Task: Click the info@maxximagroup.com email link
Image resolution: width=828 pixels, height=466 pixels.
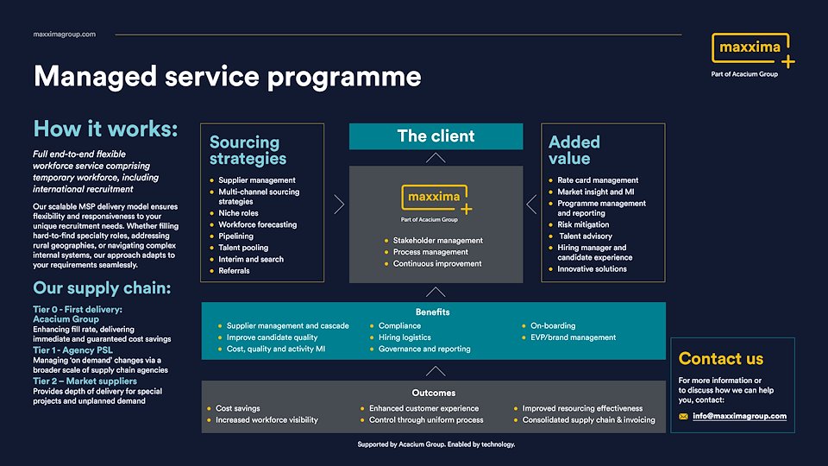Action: tap(740, 416)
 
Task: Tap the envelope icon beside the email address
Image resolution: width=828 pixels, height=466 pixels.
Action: tap(684, 417)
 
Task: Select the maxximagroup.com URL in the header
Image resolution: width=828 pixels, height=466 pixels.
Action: tap(64, 34)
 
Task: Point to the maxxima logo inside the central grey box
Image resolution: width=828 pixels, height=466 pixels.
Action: tap(436, 200)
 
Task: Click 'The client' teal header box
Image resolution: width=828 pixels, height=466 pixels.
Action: tap(436, 136)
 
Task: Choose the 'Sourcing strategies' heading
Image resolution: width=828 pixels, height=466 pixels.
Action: tap(248, 150)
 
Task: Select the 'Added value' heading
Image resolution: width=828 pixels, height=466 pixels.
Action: tap(574, 150)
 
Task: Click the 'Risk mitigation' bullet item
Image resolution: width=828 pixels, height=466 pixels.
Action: tap(583, 224)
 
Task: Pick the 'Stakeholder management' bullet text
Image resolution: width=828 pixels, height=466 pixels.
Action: tap(437, 241)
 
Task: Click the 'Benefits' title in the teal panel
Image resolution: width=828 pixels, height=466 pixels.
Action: tap(432, 312)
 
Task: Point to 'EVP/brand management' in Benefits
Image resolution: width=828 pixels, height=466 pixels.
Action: tap(573, 337)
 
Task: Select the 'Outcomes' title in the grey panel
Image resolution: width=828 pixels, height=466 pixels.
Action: tap(433, 393)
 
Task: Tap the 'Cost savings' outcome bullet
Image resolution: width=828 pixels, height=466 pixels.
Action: tap(237, 408)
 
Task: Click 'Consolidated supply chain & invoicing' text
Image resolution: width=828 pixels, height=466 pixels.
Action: tap(588, 420)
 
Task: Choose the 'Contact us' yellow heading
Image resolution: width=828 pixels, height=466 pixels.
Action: tap(721, 359)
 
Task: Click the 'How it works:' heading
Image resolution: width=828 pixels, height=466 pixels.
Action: tap(105, 129)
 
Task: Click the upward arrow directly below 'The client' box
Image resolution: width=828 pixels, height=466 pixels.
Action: tap(436, 158)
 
